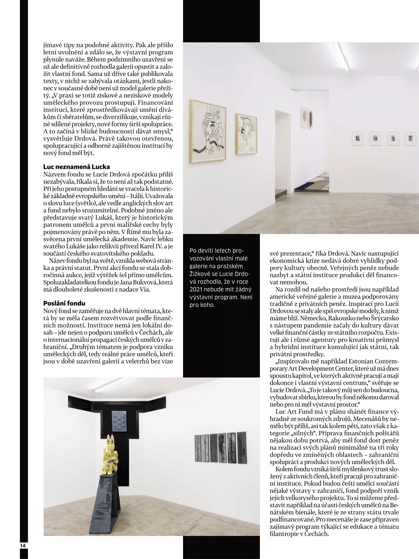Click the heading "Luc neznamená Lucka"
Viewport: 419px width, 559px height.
click(77, 167)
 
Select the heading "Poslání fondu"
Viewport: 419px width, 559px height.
click(64, 303)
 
